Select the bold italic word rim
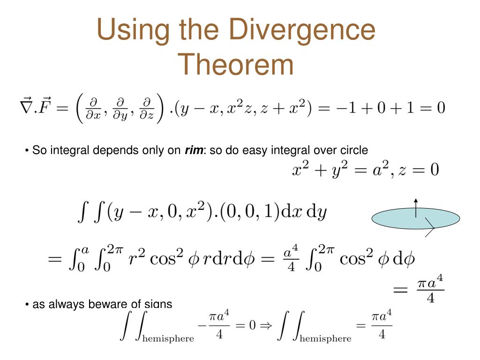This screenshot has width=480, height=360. pos(194,150)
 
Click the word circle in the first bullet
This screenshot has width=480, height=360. pos(354,150)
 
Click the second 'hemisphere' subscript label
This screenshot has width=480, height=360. pos(325,338)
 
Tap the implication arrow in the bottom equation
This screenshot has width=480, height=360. pos(266,325)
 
